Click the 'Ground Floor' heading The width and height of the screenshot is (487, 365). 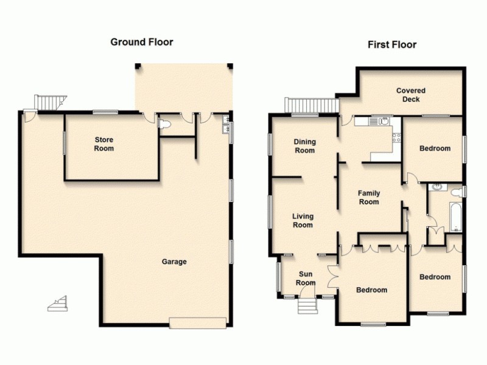pyautogui.click(x=141, y=42)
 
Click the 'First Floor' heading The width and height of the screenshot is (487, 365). pyautogui.click(x=391, y=44)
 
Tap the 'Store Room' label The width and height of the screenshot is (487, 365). pyautogui.click(x=103, y=144)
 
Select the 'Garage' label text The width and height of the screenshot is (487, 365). pyautogui.click(x=174, y=262)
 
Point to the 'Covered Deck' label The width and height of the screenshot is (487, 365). pyautogui.click(x=411, y=95)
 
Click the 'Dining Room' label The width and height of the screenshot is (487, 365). pyautogui.click(x=304, y=146)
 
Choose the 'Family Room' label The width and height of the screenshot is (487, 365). pyautogui.click(x=368, y=198)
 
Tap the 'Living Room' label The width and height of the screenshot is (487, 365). pyautogui.click(x=303, y=220)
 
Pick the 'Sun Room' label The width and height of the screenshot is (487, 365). pyautogui.click(x=306, y=278)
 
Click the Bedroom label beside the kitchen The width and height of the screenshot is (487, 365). pyautogui.click(x=435, y=148)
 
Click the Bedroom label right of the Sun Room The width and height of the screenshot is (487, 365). pyautogui.click(x=371, y=290)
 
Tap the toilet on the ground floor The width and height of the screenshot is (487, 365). pyautogui.click(x=163, y=124)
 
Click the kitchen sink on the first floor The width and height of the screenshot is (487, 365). pyautogui.click(x=384, y=121)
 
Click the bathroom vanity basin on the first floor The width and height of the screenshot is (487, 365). pyautogui.click(x=436, y=187)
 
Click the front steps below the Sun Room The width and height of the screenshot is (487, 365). pyautogui.click(x=307, y=304)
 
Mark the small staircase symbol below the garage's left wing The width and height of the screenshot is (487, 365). pyautogui.click(x=57, y=304)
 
